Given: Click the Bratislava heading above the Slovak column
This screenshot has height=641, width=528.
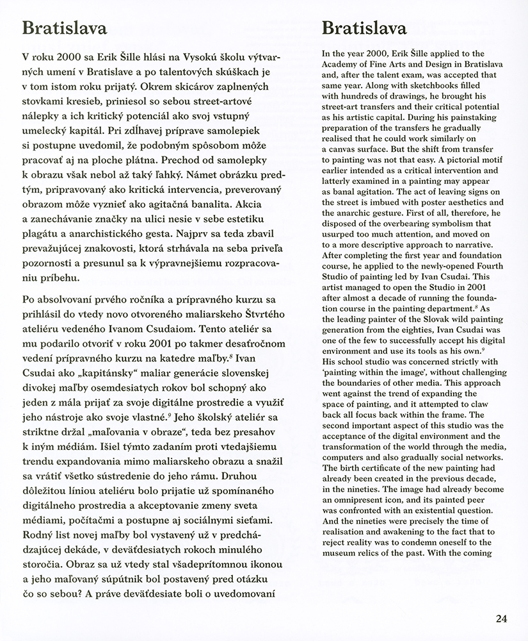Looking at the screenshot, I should pyautogui.click(x=64, y=29).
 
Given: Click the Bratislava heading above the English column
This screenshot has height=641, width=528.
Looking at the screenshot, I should pyautogui.click(x=365, y=29).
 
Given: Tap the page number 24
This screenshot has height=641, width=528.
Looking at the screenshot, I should pyautogui.click(x=501, y=619).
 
